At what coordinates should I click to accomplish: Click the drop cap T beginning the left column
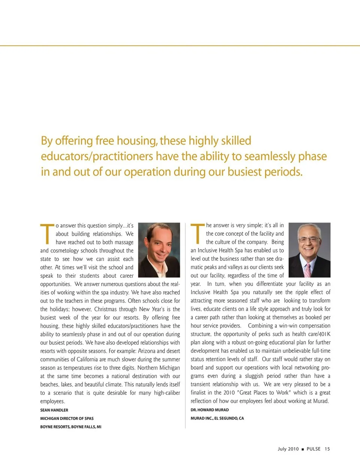(47, 233)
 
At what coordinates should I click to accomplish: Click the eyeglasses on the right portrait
(309, 239)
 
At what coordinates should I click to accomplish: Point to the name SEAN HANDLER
(54, 410)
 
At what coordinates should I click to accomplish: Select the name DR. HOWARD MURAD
(210, 410)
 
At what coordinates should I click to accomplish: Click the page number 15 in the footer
(327, 449)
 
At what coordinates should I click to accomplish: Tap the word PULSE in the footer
(313, 449)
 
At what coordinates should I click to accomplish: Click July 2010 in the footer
(288, 449)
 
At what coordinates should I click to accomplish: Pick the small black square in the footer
(303, 449)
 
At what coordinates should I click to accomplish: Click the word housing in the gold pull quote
(137, 141)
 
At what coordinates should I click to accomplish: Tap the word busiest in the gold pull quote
(244, 172)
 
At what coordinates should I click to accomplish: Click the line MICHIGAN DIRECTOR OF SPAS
(67, 418)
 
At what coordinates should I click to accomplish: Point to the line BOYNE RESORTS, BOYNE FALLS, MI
(71, 427)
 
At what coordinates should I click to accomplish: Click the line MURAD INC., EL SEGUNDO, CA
(217, 418)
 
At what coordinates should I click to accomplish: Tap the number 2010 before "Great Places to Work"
(229, 393)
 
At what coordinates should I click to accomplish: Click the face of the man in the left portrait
(158, 244)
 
